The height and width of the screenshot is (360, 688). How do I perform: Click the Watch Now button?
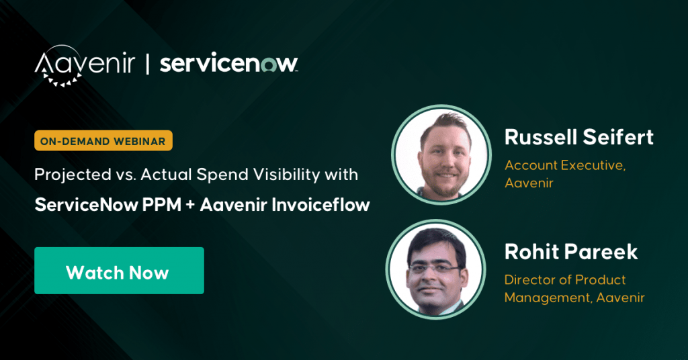(x=119, y=271)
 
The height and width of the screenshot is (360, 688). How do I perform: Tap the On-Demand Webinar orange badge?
(x=103, y=141)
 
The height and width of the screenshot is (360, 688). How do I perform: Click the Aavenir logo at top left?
(x=85, y=65)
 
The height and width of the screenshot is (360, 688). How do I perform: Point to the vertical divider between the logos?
(x=147, y=64)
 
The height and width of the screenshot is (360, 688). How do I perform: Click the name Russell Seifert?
(x=578, y=137)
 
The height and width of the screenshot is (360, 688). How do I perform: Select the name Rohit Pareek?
(x=571, y=252)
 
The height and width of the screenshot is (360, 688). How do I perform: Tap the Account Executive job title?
(x=565, y=165)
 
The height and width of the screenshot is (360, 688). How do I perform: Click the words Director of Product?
(x=564, y=280)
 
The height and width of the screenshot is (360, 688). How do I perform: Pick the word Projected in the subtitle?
(x=73, y=175)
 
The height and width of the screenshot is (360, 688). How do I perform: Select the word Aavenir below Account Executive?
(x=529, y=183)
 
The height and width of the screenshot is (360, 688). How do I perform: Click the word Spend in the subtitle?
(x=222, y=175)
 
